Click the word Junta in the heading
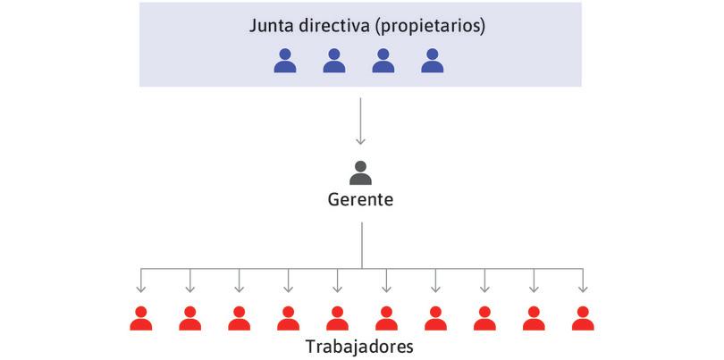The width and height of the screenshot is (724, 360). click(x=271, y=26)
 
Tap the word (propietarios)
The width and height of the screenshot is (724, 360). click(x=430, y=26)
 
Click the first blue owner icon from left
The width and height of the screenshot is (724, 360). click(x=285, y=61)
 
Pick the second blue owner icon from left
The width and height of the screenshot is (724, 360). click(x=334, y=61)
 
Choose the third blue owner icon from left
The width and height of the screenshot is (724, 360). click(x=383, y=61)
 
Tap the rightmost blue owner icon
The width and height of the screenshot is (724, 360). click(x=433, y=61)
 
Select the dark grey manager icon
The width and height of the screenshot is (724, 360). click(x=360, y=172)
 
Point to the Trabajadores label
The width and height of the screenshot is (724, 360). click(x=362, y=345)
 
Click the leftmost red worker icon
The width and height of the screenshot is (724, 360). click(x=140, y=318)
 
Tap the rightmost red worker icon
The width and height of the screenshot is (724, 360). click(x=583, y=318)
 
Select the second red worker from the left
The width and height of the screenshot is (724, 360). click(x=189, y=318)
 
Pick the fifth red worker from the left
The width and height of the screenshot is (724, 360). click(x=337, y=318)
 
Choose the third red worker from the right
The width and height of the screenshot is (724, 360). click(x=484, y=318)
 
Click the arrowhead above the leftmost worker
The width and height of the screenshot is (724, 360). click(x=140, y=289)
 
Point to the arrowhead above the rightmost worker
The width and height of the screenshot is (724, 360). click(x=583, y=289)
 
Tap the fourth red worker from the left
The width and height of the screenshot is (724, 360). click(x=288, y=318)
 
